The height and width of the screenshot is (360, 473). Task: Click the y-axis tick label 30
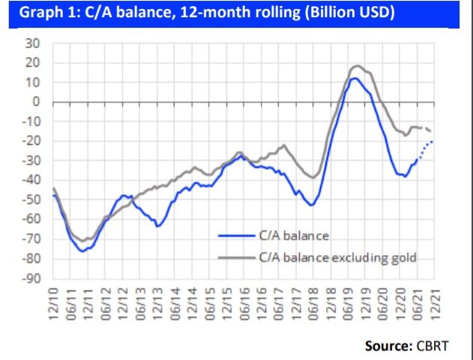[x=33, y=43]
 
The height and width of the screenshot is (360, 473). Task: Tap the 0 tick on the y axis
[x=36, y=102]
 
